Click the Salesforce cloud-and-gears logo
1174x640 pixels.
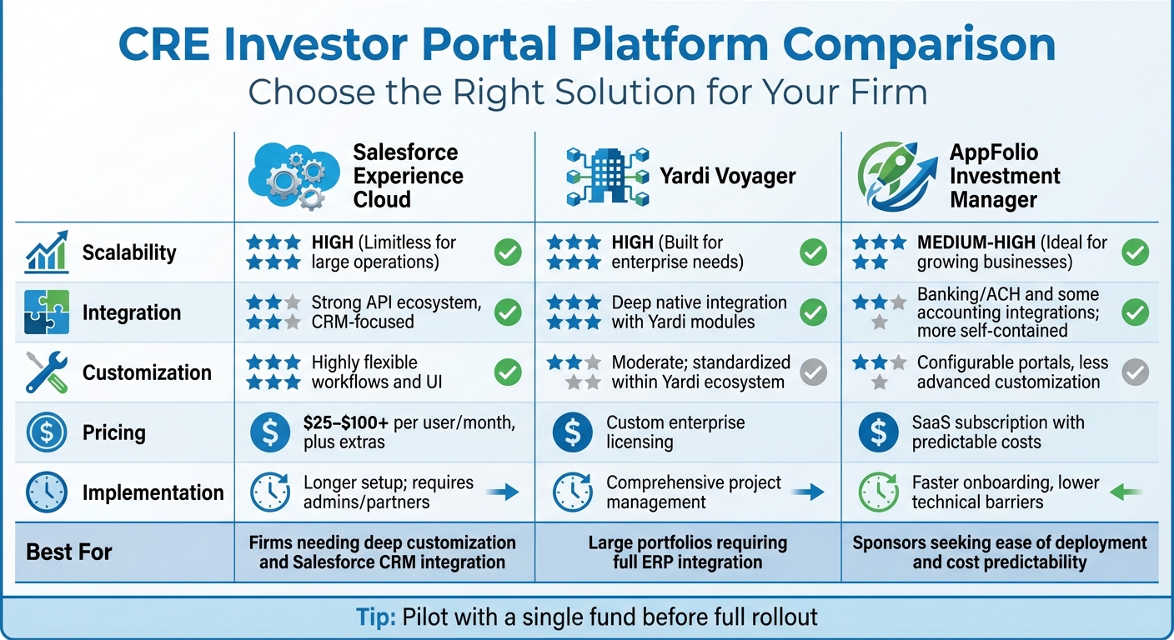coord(288,176)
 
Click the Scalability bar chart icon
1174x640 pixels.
coord(47,252)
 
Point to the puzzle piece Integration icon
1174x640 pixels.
coord(47,312)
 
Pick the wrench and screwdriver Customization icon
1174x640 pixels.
coord(47,372)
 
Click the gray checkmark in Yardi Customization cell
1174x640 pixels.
coord(813,372)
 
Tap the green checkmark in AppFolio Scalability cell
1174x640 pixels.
coord(1135,252)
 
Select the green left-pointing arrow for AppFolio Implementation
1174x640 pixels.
coord(1126,492)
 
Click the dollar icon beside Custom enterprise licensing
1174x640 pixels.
coord(572,432)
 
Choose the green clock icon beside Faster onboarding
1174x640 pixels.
coord(878,492)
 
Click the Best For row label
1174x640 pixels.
coord(69,552)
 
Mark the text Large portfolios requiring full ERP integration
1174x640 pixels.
coord(688,552)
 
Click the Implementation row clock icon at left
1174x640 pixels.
coord(47,492)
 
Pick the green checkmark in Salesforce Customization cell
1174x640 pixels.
coord(508,372)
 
